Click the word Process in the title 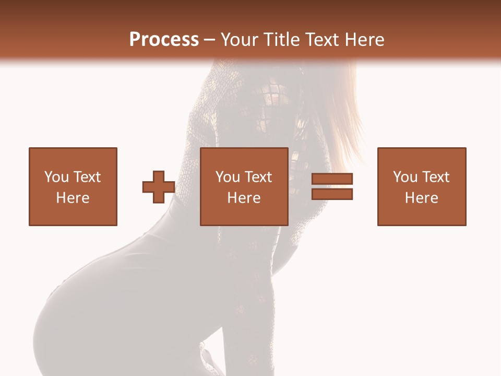(x=164, y=40)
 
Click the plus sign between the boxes (x=159, y=187)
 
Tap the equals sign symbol (x=332, y=186)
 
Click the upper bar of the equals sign (x=332, y=179)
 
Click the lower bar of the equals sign (x=332, y=194)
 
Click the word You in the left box (x=56, y=177)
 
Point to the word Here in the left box (x=73, y=198)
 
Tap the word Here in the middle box (x=244, y=198)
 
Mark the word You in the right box (x=404, y=177)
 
